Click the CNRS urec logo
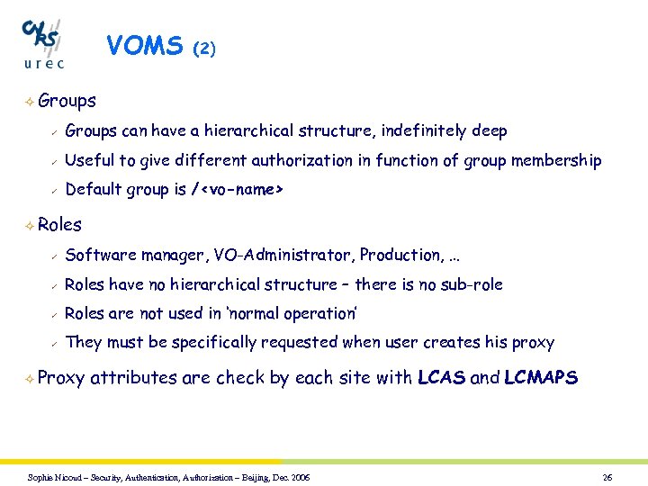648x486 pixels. coord(43,42)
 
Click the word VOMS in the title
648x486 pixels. coord(144,46)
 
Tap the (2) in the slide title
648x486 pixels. coord(205,49)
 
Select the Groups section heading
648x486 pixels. coord(67,101)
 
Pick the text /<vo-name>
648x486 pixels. coord(238,190)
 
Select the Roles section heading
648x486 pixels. coord(60,225)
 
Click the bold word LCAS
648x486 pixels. coord(442,378)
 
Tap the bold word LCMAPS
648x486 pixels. coord(541,378)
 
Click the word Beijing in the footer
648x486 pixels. coord(255,477)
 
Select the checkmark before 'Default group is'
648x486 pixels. coord(53,190)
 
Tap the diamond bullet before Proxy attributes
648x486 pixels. coord(31,379)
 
